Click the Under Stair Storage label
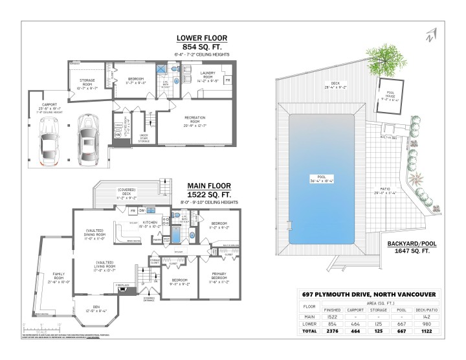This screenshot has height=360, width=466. click(144, 137)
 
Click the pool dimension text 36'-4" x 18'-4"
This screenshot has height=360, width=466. click(322, 182)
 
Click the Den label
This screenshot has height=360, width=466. click(94, 309)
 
